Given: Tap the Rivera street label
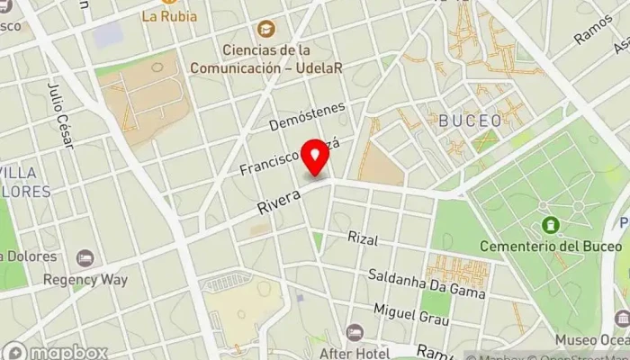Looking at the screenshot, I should pyautogui.click(x=279, y=199).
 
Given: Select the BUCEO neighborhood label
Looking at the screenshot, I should pyautogui.click(x=463, y=120).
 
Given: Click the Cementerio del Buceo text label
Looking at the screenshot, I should pyautogui.click(x=551, y=246).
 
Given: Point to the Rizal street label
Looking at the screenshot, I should pyautogui.click(x=364, y=239).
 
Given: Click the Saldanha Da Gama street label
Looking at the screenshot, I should pyautogui.click(x=427, y=282).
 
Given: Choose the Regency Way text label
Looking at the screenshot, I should pyautogui.click(x=85, y=279).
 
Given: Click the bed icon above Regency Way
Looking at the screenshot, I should pyautogui.click(x=85, y=259).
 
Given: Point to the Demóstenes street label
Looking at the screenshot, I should pyautogui.click(x=307, y=116).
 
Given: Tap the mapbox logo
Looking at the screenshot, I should pyautogui.click(x=56, y=352).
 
